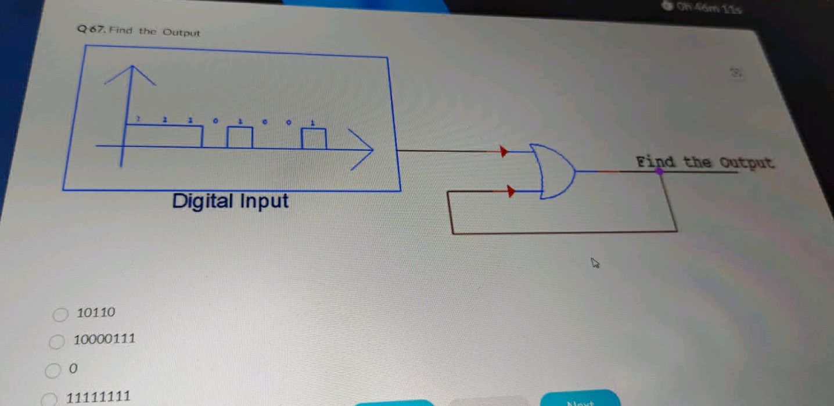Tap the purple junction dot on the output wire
pos(659,171)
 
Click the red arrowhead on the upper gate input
pos(504,152)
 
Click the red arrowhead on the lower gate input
pos(511,191)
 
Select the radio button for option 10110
pos(60,315)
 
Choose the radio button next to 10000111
pos(56,342)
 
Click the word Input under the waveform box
pos(264,202)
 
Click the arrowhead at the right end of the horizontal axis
pos(363,150)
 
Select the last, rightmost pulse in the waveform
pos(314,138)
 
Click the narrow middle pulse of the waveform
pos(240,137)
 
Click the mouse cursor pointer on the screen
pos(595,264)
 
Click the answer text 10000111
pos(105,339)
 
